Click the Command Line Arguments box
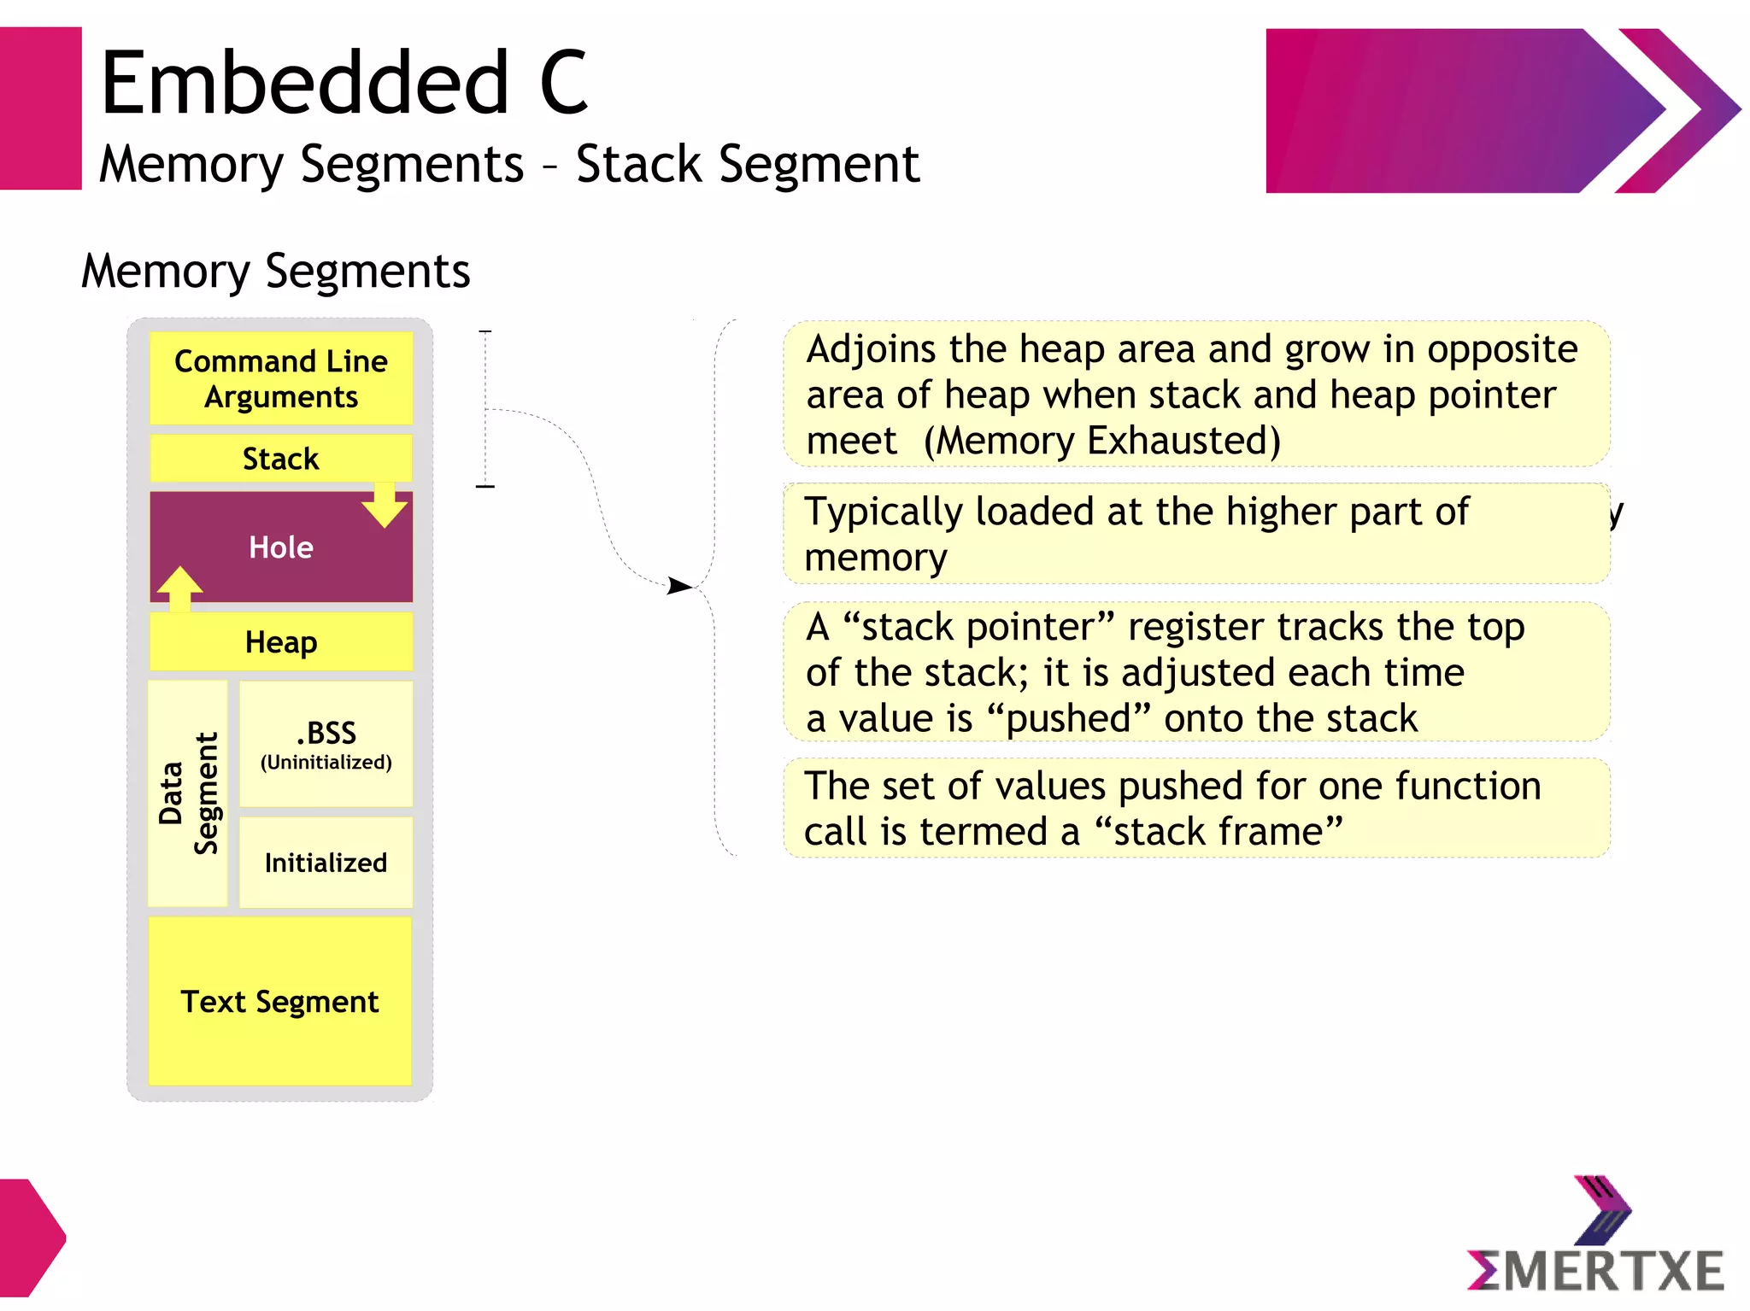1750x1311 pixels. [x=280, y=378]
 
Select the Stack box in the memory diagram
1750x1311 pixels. [x=280, y=459]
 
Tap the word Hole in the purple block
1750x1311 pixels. [x=280, y=547]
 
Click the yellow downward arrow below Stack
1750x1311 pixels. [x=385, y=506]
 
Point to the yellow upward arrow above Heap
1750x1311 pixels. [x=179, y=588]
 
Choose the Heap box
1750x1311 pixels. [x=280, y=641]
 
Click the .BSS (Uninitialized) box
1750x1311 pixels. [x=326, y=744]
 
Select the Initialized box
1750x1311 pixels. [x=326, y=863]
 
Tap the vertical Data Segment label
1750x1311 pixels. [x=188, y=793]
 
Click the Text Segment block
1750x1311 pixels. [x=279, y=1001]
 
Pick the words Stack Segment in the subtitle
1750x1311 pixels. [x=748, y=164]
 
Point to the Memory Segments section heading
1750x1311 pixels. [x=275, y=272]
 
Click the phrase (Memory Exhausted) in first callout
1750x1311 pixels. [x=1102, y=442]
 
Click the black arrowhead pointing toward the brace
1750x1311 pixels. [x=679, y=586]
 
